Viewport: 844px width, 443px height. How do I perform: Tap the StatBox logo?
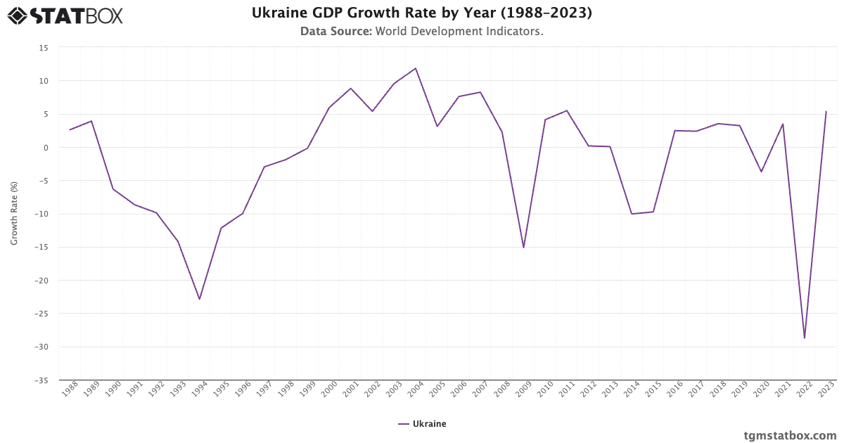coord(65,15)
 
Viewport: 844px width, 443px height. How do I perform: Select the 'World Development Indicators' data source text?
coord(459,32)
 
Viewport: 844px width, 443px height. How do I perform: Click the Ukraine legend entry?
coord(422,424)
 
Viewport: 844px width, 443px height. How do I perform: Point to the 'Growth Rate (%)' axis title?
coord(14,214)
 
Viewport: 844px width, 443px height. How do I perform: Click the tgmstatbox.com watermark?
coord(790,435)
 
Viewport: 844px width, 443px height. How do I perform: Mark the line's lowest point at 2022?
coord(804,338)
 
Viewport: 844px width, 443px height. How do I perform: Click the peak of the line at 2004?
coord(416,68)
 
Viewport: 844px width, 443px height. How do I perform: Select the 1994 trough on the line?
coord(200,299)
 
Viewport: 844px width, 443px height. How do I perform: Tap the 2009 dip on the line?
coord(523,248)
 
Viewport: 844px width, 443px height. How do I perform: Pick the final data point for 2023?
coord(826,112)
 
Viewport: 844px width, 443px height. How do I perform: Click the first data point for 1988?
coord(70,130)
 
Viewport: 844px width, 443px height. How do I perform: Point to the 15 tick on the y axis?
coord(44,48)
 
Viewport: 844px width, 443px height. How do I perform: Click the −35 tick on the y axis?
coord(42,380)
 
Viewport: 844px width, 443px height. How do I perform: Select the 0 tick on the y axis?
coord(46,148)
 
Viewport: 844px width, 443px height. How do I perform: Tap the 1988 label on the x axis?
coord(70,390)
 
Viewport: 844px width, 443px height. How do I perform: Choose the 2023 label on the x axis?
coord(826,390)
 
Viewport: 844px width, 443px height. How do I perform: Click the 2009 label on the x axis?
coord(523,390)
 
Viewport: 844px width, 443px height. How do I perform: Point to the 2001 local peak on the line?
coord(351,89)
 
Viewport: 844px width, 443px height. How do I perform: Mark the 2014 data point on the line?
coord(632,214)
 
